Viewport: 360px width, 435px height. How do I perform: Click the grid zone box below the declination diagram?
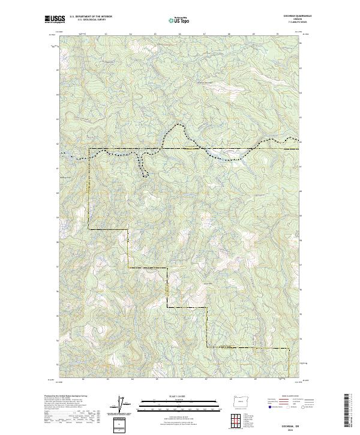[x=121, y=424]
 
